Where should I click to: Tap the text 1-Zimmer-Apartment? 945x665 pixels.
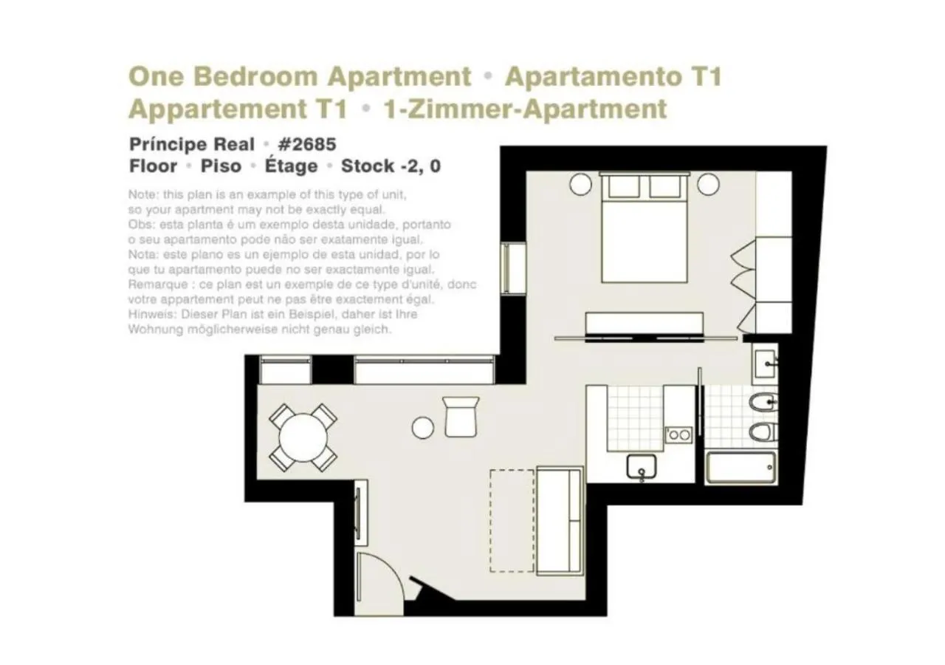[x=525, y=109]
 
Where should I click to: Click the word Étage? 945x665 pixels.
[x=291, y=166]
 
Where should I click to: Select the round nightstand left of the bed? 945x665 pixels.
[x=580, y=183]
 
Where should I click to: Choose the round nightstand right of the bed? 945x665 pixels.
[x=709, y=183]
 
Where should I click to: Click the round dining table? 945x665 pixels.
[x=303, y=437]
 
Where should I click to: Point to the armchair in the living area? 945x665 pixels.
[x=461, y=416]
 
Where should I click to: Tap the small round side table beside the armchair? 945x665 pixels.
[x=423, y=427]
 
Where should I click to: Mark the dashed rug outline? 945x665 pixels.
[x=512, y=520]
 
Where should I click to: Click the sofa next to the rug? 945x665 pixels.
[x=559, y=520]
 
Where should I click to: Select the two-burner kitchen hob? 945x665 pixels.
[x=678, y=435]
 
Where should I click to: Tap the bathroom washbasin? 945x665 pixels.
[x=764, y=363]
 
